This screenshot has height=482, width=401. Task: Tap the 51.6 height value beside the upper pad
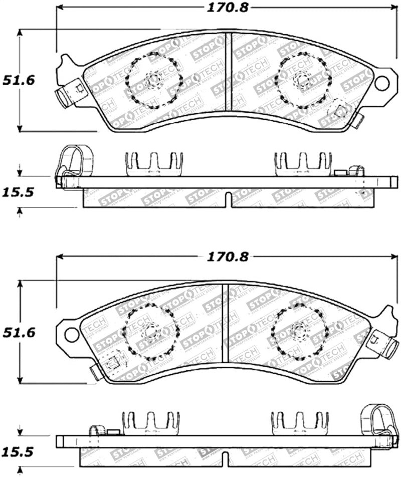coord(19,80)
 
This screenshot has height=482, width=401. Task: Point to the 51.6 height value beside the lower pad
coord(19,332)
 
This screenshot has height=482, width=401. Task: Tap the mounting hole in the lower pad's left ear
coord(72,334)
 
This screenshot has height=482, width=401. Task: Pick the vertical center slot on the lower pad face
coord(226,323)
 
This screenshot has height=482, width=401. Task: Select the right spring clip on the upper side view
coord(303,165)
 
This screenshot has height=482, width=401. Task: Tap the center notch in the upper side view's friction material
coord(228,199)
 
